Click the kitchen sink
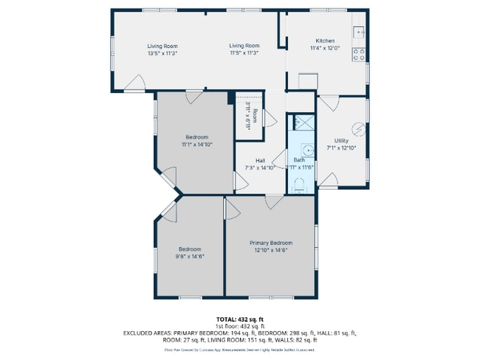[359, 32]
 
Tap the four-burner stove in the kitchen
[359, 54]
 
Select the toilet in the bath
[299, 186]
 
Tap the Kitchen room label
[325, 41]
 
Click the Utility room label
[341, 141]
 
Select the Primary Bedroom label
[270, 243]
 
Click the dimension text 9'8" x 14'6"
[189, 256]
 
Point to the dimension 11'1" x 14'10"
[196, 145]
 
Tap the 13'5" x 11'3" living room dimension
[162, 53]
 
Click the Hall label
[260, 161]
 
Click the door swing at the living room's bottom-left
[135, 84]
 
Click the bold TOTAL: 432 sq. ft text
[239, 319]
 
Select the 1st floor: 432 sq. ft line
[239, 325]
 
